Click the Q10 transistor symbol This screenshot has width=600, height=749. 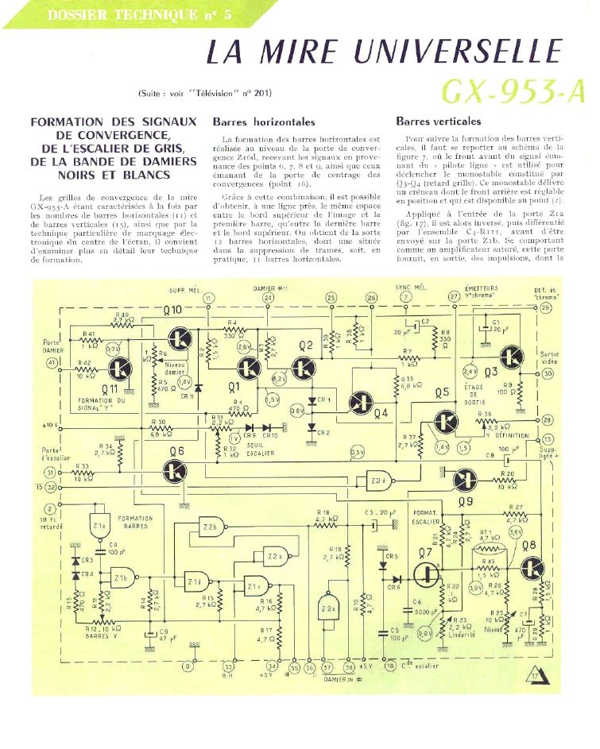(181, 338)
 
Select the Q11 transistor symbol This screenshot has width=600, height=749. (121, 368)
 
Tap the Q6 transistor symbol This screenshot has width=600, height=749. (176, 474)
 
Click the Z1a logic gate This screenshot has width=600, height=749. (101, 527)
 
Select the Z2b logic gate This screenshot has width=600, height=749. (211, 527)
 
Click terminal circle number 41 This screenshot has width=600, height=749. (52, 362)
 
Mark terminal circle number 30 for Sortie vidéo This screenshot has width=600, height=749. (548, 373)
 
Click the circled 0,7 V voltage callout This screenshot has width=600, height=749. (113, 348)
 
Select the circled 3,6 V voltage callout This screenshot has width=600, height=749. (516, 531)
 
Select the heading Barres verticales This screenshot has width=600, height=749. (438, 122)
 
